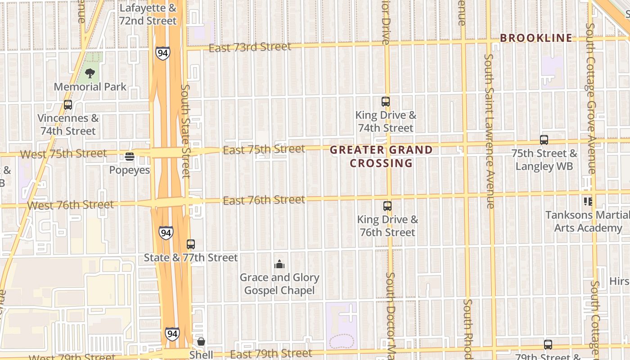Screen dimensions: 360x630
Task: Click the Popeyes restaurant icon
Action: tap(130, 157)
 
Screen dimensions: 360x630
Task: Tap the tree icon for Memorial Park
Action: tap(90, 73)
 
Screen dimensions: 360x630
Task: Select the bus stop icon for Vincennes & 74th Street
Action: tap(68, 105)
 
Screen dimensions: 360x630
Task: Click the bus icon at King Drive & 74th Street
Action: tap(386, 102)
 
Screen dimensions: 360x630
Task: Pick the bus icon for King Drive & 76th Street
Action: tap(387, 206)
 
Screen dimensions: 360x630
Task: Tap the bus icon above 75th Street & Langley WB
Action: tap(544, 140)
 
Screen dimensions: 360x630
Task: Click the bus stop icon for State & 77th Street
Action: tap(191, 244)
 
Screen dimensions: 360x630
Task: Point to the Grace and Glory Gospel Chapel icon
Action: tap(279, 264)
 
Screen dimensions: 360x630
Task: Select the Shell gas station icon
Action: tap(201, 342)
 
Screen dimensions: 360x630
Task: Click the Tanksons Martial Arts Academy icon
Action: tap(588, 201)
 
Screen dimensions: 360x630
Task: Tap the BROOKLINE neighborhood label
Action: tap(536, 38)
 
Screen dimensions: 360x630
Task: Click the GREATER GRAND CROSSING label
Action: tap(382, 156)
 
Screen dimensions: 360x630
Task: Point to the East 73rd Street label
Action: tap(250, 47)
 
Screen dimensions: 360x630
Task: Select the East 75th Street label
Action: tap(264, 149)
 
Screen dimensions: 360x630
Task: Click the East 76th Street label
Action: tap(264, 200)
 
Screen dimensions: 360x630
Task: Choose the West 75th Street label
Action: tap(63, 154)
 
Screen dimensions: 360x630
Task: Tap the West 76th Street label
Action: tap(70, 205)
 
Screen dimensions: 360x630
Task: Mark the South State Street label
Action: tap(185, 130)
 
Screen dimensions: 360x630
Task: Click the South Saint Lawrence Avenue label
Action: tap(490, 130)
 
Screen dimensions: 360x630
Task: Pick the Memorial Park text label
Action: tap(90, 87)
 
